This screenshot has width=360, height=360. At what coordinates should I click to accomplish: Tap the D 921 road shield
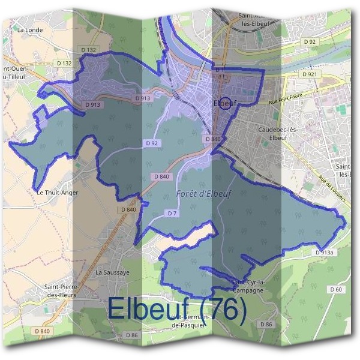pyautogui.click(x=310, y=74)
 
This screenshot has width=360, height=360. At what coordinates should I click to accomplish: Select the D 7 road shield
pyautogui.click(x=172, y=213)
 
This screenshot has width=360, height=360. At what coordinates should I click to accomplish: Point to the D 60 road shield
pyautogui.click(x=335, y=290)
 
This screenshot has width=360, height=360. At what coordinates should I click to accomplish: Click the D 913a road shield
pyautogui.click(x=323, y=253)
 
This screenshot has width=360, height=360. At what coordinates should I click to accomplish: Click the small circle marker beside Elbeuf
pyautogui.click(x=225, y=103)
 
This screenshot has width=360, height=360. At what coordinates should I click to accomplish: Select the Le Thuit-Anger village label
pyautogui.click(x=57, y=193)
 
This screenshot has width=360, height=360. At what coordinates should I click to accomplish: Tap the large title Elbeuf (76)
pyautogui.click(x=176, y=309)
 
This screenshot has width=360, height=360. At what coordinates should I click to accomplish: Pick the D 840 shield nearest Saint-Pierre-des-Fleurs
pyautogui.click(x=41, y=331)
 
